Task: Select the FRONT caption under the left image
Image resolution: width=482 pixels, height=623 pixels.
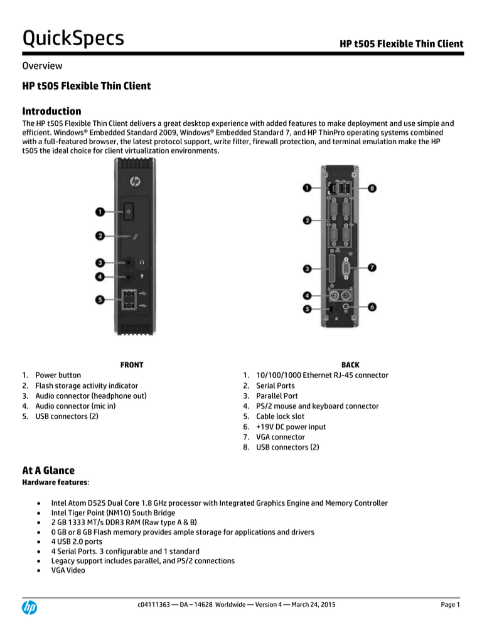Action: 131,364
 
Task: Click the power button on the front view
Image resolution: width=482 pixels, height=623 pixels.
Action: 128,211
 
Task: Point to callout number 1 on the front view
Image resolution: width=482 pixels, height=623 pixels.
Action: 100,212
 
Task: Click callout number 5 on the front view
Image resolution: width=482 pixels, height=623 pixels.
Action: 100,300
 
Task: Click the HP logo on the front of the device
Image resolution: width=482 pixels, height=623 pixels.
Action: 134,181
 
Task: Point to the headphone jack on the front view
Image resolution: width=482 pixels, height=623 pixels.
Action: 129,263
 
